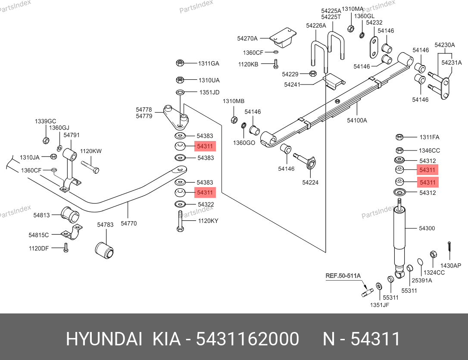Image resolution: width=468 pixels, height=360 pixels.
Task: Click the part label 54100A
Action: coord(357,120)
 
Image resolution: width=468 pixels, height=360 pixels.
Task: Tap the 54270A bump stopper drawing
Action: coord(282,38)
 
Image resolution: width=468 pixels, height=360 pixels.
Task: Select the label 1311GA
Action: coord(209,63)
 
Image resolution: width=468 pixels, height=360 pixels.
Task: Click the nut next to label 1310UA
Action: coord(181,80)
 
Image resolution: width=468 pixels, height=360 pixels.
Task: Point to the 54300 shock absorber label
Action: coord(427,228)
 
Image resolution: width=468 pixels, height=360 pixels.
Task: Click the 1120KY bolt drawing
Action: coord(180,221)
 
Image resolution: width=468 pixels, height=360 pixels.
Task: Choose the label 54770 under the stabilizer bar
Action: coord(128,223)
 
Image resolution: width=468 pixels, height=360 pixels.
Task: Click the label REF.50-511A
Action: coord(343,275)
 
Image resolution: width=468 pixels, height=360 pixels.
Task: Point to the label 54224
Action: coord(310,182)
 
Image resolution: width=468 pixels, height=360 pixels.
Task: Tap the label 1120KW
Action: coord(91,151)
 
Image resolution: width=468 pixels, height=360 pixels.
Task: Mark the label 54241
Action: coord(292,85)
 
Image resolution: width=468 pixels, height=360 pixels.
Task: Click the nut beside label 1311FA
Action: coord(399,137)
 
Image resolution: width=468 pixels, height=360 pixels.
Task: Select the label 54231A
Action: coord(451,63)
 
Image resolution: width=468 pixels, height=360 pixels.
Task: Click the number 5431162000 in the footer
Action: coord(247,339)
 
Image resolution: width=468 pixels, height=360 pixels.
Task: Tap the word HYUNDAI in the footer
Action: coord(104,339)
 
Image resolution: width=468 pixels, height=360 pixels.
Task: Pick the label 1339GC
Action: coord(46,121)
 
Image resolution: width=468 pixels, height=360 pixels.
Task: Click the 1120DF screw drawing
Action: coord(66,248)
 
